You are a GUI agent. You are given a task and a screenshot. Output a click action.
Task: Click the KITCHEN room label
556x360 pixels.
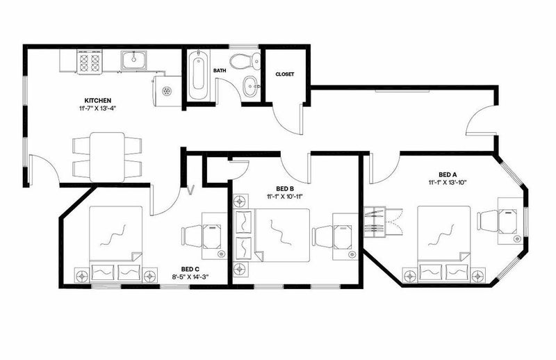[97, 100]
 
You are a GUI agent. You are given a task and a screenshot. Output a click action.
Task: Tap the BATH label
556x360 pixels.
[220, 71]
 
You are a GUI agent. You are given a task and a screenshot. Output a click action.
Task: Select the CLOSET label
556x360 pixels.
[285, 74]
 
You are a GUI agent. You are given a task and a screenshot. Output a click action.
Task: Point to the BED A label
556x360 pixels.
[447, 174]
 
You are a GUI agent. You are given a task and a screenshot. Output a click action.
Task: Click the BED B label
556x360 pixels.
[285, 189]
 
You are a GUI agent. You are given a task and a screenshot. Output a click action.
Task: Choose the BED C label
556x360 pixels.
[190, 269]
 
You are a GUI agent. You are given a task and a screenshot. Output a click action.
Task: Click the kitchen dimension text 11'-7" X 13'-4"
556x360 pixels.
[97, 108]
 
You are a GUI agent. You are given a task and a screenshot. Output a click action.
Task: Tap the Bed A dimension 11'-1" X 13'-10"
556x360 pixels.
[447, 182]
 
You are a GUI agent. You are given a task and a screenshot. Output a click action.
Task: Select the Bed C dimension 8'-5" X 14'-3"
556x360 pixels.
[190, 277]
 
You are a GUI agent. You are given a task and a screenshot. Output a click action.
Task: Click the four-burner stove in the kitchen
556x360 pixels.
[90, 62]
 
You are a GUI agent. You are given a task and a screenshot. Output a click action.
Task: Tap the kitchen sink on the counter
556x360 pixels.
[133, 60]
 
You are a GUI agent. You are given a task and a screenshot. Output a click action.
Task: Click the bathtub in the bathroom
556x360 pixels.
[198, 76]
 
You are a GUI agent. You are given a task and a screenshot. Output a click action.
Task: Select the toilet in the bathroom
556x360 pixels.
[245, 61]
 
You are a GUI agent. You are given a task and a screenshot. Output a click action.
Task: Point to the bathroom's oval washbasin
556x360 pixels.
[251, 86]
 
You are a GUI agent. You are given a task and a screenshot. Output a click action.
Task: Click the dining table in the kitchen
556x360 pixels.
[107, 157]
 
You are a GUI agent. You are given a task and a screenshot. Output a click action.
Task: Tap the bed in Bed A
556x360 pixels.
[444, 244]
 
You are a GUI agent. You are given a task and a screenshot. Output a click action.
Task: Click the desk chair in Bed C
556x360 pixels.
[192, 236]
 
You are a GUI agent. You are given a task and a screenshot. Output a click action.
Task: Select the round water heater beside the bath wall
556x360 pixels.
[166, 91]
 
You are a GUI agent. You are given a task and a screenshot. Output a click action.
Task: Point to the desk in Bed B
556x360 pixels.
[345, 236]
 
